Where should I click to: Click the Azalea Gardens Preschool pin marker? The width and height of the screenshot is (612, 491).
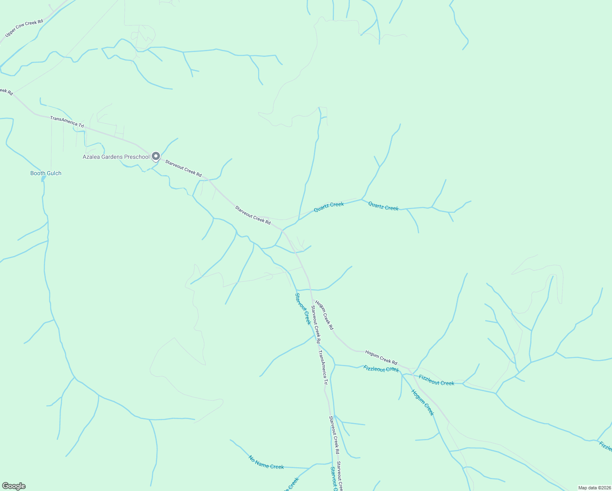click(x=155, y=156)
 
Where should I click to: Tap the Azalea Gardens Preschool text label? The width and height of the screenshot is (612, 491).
click(x=116, y=157)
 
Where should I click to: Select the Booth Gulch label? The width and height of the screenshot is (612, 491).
click(x=46, y=173)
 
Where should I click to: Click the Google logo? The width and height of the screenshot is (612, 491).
click(x=13, y=486)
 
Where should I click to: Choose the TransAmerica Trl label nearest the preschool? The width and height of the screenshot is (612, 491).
click(x=67, y=122)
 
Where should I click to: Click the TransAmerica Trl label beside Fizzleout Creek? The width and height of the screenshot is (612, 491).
click(x=323, y=367)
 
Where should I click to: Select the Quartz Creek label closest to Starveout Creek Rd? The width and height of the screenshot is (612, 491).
click(x=328, y=207)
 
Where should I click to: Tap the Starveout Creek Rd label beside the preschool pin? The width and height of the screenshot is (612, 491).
click(x=183, y=168)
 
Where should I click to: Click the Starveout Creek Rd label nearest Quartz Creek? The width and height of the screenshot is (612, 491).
click(x=253, y=215)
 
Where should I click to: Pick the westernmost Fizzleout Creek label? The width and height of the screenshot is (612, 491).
click(x=381, y=369)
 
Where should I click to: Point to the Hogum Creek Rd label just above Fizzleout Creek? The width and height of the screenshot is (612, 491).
click(x=381, y=357)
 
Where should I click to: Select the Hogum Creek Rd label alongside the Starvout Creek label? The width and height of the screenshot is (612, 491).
click(x=324, y=315)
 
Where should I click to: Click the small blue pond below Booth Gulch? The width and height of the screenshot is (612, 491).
click(x=43, y=180)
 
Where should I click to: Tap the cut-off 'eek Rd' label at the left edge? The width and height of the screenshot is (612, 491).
click(x=7, y=91)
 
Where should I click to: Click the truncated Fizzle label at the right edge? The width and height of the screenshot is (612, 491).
click(x=605, y=446)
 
